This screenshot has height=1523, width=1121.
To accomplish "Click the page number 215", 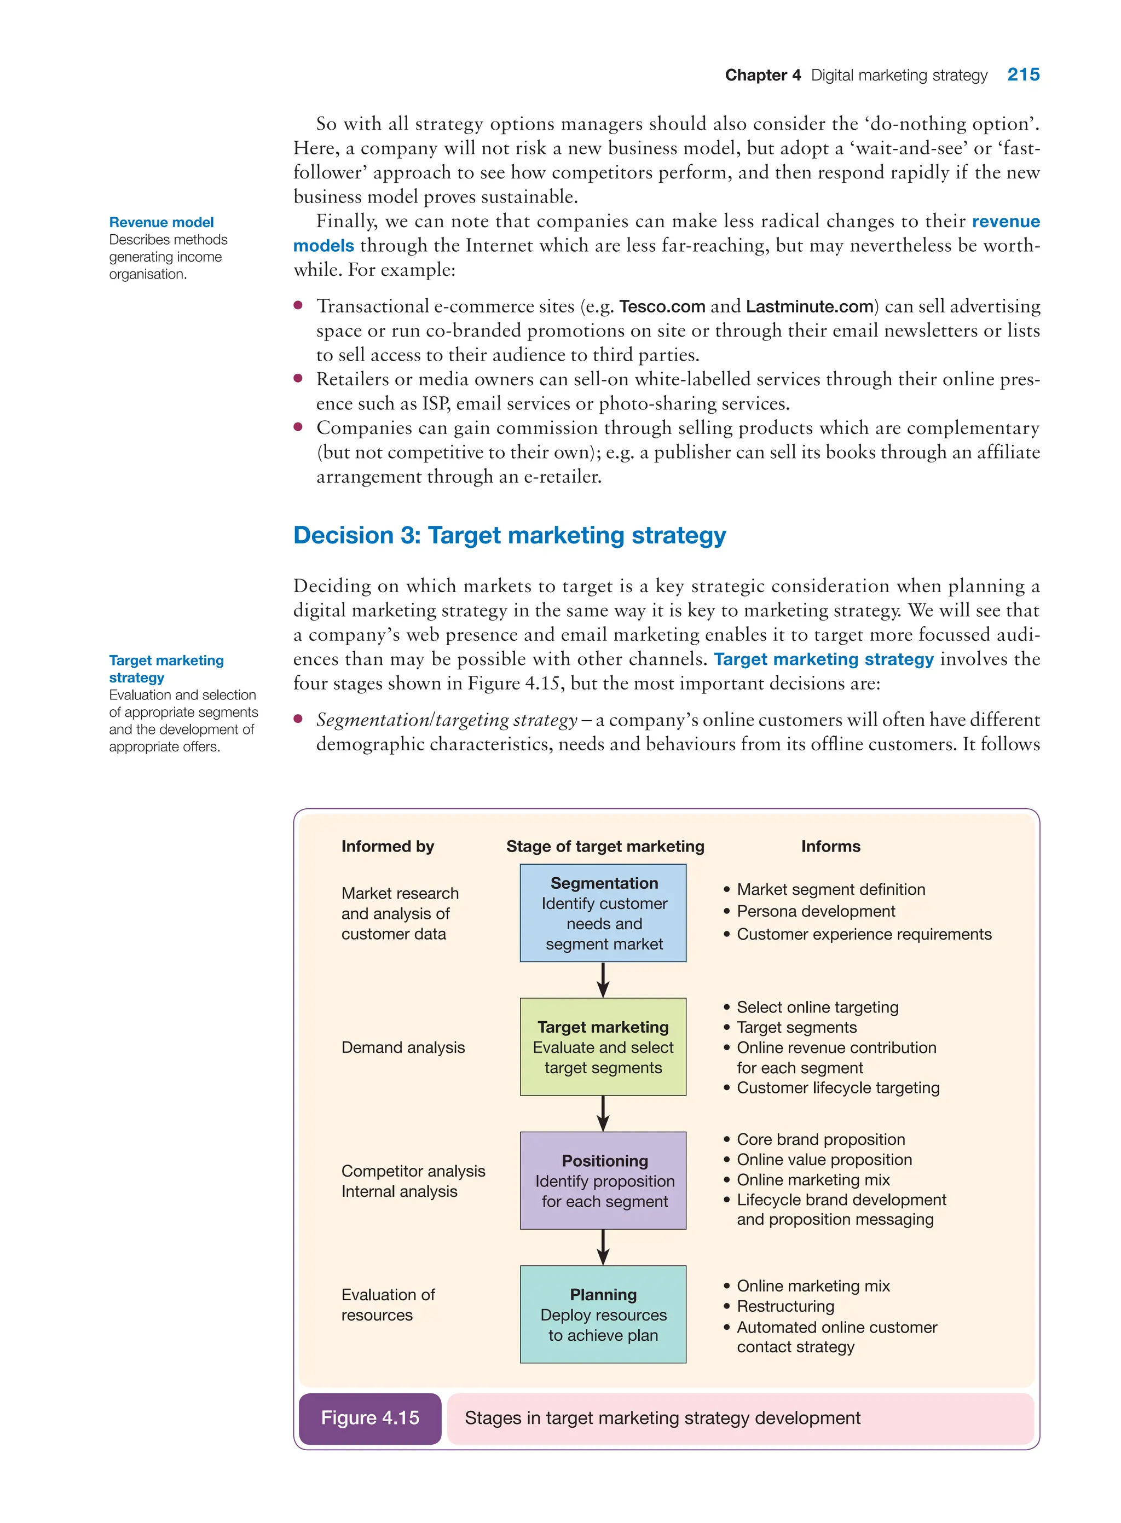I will click(1022, 74).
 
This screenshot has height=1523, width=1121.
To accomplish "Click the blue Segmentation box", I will click(603, 912).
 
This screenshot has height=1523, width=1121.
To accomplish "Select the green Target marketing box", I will click(603, 1046).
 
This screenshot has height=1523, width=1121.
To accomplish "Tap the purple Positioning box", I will click(603, 1180).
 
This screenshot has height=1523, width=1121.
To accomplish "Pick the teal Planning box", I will click(603, 1313).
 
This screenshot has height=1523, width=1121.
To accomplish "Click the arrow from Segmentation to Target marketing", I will click(603, 980).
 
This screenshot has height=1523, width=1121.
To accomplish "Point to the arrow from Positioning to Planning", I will click(603, 1247).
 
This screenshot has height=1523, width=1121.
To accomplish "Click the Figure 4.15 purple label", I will click(370, 1418).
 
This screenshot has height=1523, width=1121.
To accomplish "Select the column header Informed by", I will click(388, 846).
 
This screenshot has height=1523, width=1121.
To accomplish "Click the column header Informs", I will click(830, 846).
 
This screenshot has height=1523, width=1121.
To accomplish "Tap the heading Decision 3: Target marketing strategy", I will click(509, 535).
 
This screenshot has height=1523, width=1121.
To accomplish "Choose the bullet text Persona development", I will click(816, 911).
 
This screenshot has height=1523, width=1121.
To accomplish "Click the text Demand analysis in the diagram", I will click(403, 1047).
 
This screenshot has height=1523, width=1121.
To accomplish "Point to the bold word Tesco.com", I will click(662, 306).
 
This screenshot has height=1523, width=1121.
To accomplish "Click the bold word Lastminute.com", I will click(809, 306).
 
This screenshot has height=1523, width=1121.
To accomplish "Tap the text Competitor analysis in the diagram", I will click(413, 1171).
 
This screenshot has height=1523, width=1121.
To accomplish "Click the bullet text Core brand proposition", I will click(820, 1139).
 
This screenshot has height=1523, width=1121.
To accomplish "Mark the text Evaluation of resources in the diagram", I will click(388, 1305).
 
